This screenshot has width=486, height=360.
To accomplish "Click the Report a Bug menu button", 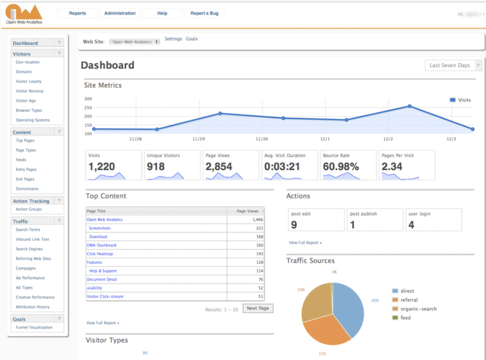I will coord(205,13).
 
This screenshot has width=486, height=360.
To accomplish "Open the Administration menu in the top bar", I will coord(120,13).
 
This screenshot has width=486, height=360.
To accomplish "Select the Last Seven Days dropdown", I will coord(449,65).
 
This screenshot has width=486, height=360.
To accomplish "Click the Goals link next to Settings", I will coord(192,39).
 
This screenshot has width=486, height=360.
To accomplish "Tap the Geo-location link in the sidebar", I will coord(28,62).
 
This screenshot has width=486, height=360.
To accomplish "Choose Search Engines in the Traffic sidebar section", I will coord(29,249).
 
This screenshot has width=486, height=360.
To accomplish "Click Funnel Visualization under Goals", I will coord(34,327).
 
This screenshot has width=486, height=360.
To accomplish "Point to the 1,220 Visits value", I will coord(102,166).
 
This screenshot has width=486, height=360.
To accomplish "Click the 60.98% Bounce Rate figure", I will coord(341,166).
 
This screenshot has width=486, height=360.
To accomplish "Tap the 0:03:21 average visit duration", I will coord(282,166).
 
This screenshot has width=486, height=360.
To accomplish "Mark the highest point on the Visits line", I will coord(410,106).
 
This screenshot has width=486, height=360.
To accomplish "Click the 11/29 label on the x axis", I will coord(198,139).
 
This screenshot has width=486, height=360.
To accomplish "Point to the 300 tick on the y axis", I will coord(88,99).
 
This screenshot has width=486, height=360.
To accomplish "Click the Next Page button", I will coord(258,308).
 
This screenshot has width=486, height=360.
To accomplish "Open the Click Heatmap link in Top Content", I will coord(100,254).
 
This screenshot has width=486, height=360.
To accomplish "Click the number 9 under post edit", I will coord(294,225).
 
